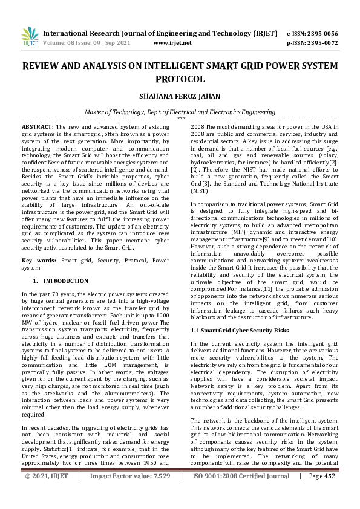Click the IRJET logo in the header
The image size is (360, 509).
pos(29,37)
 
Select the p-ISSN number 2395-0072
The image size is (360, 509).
pos(322,43)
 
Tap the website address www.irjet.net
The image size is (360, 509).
pos(172,43)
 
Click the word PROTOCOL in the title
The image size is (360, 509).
pos(180,79)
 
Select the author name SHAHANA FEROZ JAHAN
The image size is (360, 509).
pos(180,96)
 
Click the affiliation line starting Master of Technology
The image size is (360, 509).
pos(180,112)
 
